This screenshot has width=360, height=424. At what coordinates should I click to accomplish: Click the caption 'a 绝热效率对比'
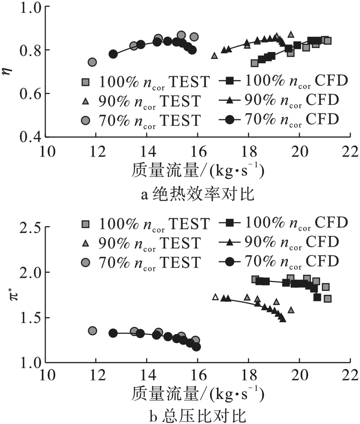point(198,193)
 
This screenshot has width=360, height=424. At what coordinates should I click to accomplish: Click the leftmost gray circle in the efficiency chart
point(92,62)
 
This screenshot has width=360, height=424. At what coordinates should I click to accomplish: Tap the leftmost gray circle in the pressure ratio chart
point(92,331)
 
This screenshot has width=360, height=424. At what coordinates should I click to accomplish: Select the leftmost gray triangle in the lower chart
point(215,297)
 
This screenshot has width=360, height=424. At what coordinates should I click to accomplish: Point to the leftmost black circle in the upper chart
point(113,54)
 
